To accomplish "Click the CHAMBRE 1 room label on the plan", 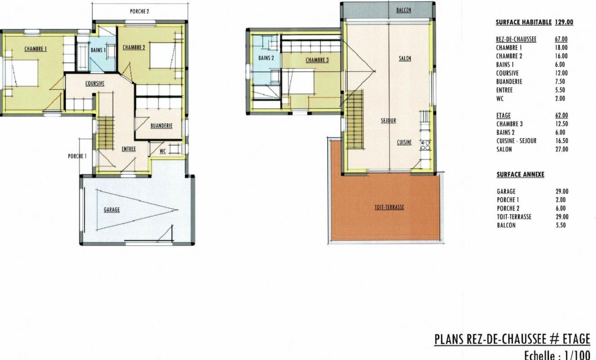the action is click(x=36, y=49).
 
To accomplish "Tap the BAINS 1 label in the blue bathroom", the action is click(x=98, y=50).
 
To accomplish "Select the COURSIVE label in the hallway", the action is click(x=95, y=84).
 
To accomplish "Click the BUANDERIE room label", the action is click(x=161, y=126).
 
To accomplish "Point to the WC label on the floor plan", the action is click(x=162, y=151).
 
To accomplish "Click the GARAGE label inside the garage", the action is click(x=112, y=210).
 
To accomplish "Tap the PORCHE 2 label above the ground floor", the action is click(x=139, y=11).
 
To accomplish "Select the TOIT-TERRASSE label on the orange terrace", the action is click(x=389, y=207).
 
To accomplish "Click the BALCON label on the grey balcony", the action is click(x=403, y=10).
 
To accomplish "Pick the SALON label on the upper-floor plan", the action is click(x=405, y=58).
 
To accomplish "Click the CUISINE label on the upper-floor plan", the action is click(x=404, y=143).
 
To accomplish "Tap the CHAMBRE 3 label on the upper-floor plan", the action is click(x=317, y=60).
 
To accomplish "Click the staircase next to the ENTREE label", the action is click(x=106, y=133).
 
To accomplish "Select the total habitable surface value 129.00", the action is click(x=564, y=22).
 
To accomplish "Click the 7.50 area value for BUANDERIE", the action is click(x=560, y=81).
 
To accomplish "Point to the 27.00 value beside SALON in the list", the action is click(x=562, y=149).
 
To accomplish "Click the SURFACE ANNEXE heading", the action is click(x=520, y=175).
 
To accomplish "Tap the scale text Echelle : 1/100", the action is click(x=557, y=355).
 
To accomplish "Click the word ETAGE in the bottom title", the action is click(x=577, y=339).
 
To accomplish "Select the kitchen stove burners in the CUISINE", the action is click(x=425, y=145).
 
